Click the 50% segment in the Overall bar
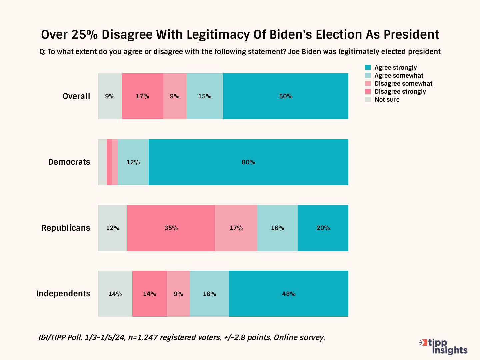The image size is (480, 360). click(x=286, y=96)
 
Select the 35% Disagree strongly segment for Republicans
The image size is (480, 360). click(x=171, y=228)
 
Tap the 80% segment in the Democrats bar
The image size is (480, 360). click(x=248, y=162)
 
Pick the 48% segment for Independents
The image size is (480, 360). click(x=289, y=294)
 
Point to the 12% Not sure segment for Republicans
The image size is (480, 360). click(x=113, y=228)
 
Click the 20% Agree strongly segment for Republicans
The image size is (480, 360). click(x=323, y=228)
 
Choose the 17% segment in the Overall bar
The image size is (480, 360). click(x=142, y=96)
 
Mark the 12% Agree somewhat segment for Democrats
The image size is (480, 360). click(x=133, y=162)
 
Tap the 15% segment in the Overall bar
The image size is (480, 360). click(x=205, y=96)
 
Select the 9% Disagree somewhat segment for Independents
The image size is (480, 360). click(x=178, y=294)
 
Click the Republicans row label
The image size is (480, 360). click(x=66, y=228)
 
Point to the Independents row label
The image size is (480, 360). click(x=63, y=294)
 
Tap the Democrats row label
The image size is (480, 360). click(x=69, y=162)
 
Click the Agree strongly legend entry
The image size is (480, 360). click(x=395, y=68)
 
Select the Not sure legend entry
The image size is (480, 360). click(x=387, y=100)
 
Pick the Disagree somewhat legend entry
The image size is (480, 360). click(x=403, y=84)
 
